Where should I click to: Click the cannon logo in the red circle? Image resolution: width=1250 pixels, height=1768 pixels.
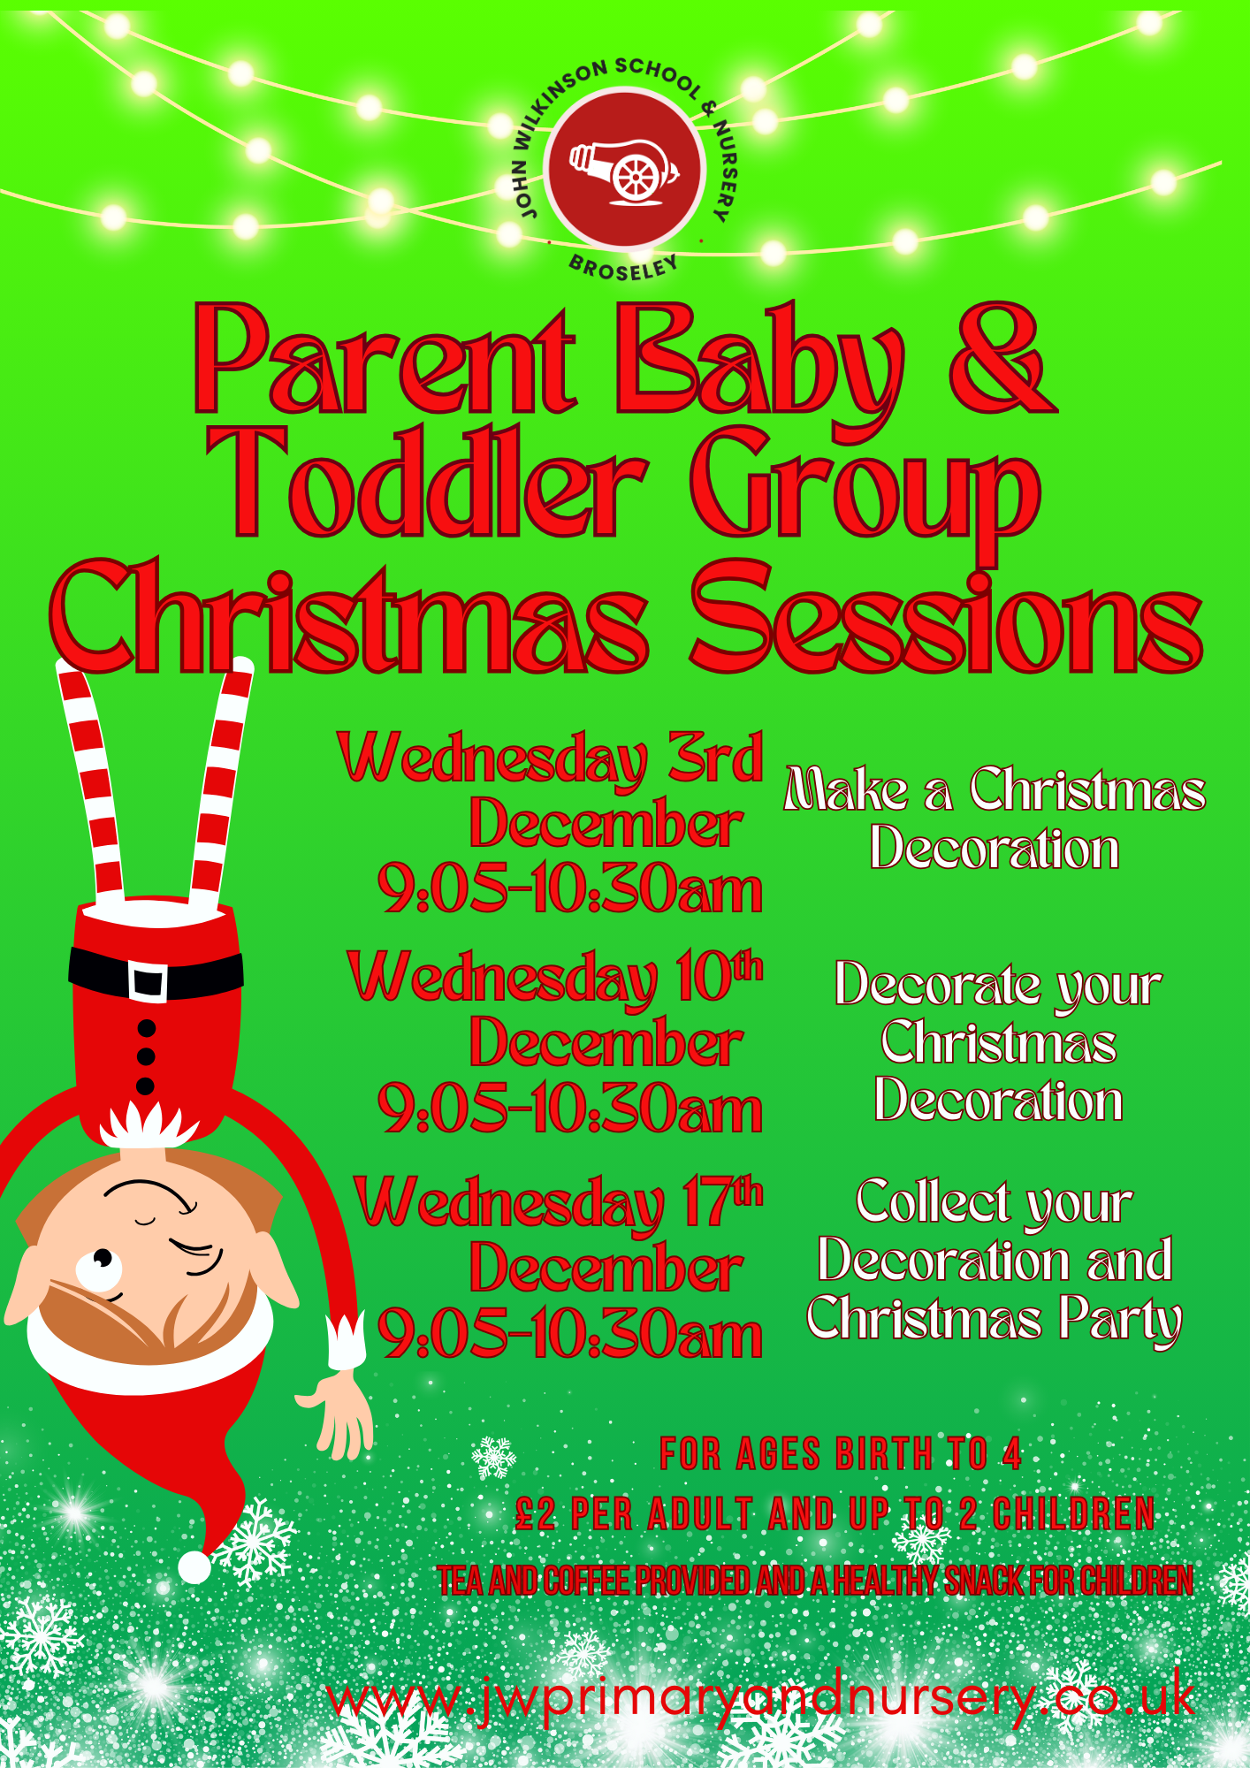pos(623,171)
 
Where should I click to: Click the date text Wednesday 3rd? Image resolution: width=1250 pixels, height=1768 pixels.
pos(550,758)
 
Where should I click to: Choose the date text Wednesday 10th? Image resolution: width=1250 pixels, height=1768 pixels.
pos(555,978)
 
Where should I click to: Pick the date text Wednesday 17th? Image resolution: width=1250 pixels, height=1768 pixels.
pos(559,1203)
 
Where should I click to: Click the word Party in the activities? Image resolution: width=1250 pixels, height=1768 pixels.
pos(1120,1321)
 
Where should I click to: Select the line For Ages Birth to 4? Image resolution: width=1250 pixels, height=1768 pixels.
pos(841,1453)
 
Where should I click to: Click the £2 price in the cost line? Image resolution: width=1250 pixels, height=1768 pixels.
pos(536,1514)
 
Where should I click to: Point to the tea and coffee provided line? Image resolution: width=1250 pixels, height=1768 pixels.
pos(815,1581)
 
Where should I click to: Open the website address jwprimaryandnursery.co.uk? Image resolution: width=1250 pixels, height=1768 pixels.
pos(760,1698)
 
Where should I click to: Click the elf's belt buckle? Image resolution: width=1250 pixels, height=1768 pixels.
pos(147,980)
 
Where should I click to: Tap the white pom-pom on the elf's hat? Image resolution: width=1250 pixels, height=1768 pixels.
pos(194,1567)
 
